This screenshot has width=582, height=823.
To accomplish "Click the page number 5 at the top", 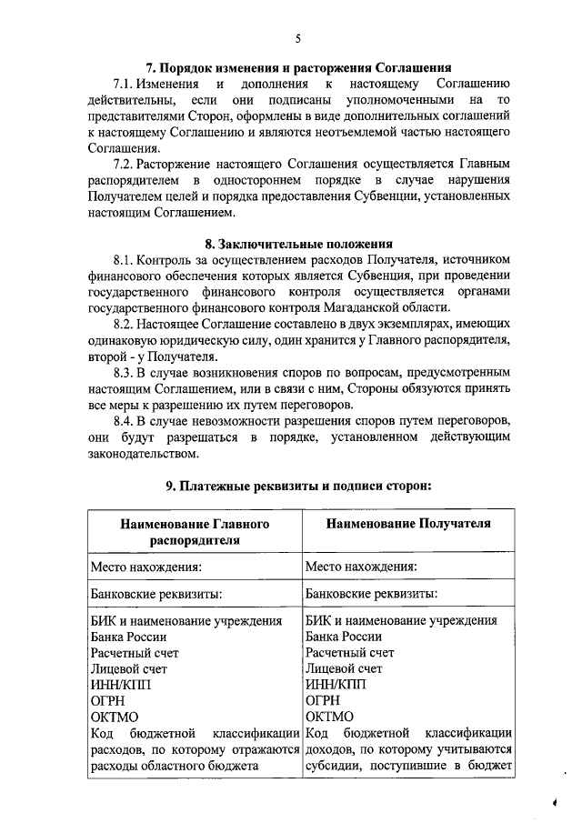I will pos(298,37).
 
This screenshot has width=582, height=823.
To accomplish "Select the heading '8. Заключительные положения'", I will pos(299,243).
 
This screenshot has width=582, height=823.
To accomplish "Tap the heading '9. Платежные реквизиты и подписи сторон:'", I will pos(298,486).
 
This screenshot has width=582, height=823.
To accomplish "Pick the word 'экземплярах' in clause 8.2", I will pos(400,324).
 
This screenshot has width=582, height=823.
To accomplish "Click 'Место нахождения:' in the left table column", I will pos(145,567).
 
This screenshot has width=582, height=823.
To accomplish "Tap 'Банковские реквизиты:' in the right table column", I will pos(371,594).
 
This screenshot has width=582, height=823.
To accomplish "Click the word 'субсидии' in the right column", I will pos(331,766).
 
